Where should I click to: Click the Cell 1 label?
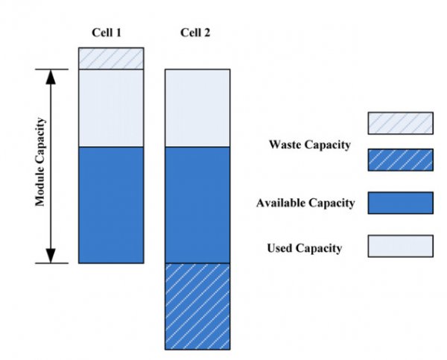(107, 33)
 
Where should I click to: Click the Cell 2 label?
(195, 33)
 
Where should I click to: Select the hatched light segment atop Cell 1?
(111, 58)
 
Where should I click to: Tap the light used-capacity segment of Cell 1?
(111, 108)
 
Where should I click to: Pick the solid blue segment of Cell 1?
(111, 205)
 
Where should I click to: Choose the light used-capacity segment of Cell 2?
(197, 108)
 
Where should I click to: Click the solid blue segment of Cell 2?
(197, 205)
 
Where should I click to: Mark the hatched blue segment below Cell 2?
(197, 306)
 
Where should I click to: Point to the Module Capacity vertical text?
(40, 162)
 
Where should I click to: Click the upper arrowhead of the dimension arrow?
(51, 77)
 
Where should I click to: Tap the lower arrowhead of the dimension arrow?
(51, 256)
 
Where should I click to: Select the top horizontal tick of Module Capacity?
(52, 69)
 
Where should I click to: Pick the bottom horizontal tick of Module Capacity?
(52, 263)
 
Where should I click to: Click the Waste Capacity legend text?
(310, 145)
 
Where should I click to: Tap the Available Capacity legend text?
(305, 203)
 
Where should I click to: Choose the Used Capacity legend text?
(305, 248)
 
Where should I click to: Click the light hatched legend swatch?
(401, 123)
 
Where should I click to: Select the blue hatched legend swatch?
(401, 160)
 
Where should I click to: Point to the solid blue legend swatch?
(401, 203)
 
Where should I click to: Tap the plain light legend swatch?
(401, 246)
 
